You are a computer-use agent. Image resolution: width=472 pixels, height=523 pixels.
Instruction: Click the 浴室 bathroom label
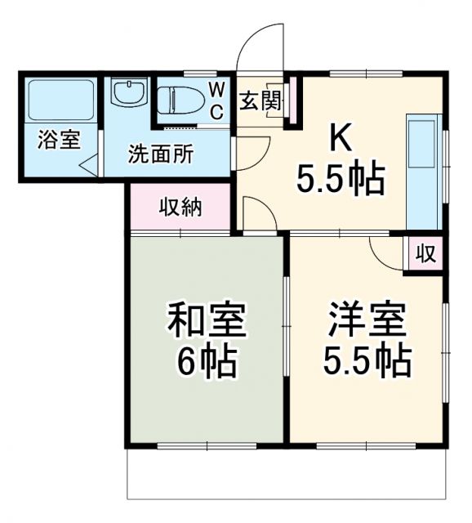[x=59, y=141]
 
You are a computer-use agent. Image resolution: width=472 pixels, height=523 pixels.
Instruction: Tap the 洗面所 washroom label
[x=160, y=154]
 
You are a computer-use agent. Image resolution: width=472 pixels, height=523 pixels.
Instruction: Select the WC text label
[x=216, y=100]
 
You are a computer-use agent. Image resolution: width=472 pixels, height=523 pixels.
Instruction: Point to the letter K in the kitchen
[x=341, y=140]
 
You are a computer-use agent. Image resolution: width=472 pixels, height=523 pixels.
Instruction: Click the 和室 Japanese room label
[x=206, y=320]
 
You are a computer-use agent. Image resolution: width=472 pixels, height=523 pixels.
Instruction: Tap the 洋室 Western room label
[x=367, y=320]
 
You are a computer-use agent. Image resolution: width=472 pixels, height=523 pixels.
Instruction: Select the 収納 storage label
[x=180, y=208]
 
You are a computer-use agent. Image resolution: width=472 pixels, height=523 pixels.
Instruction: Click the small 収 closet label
[x=425, y=253]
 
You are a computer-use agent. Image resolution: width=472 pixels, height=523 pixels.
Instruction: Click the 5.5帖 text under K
[x=341, y=180]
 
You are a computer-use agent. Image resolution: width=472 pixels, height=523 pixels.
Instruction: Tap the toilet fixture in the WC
[x=177, y=99]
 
